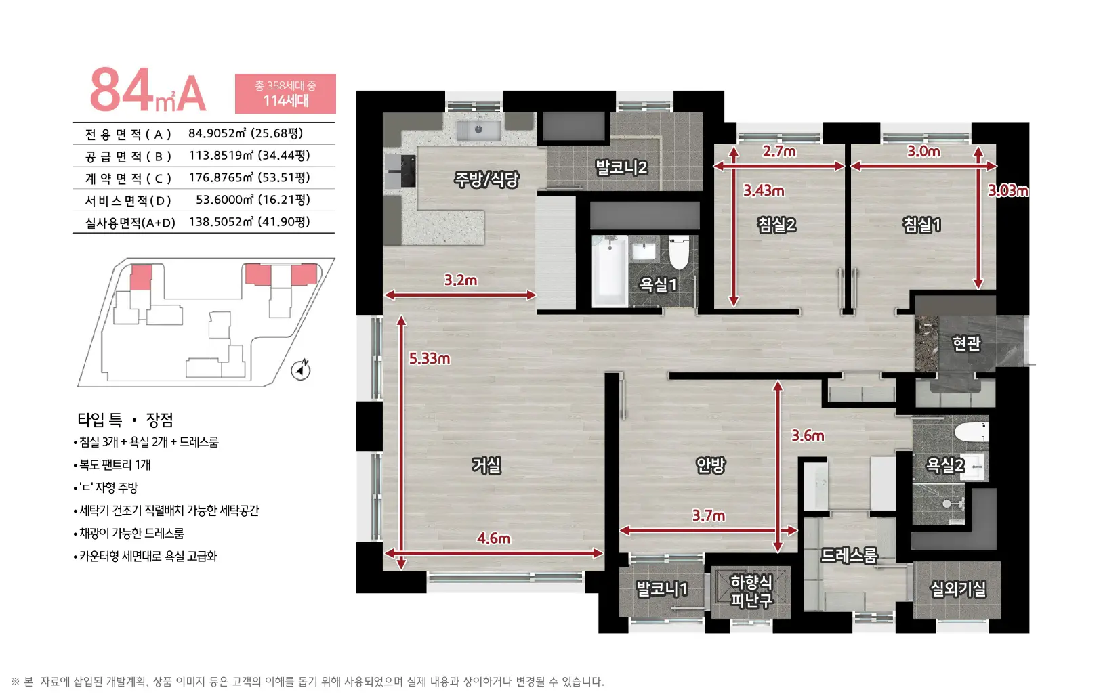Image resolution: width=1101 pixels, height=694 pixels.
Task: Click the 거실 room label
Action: point(486,464)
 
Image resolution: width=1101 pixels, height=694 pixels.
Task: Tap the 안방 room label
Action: point(710,464)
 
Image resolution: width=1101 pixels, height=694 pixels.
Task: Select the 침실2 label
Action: point(776,225)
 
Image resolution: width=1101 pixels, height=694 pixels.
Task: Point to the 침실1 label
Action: point(921,225)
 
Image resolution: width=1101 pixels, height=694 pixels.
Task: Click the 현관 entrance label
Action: point(966,343)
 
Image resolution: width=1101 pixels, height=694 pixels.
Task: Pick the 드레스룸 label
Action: point(849,555)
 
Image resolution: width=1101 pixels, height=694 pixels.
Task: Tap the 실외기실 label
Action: point(957,588)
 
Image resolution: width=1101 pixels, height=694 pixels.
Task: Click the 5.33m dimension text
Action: point(429,359)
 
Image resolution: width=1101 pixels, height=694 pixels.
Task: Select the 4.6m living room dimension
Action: point(493,538)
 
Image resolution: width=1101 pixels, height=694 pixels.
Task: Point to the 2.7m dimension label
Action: point(779,151)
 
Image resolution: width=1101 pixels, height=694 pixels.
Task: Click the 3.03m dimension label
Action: point(1008,190)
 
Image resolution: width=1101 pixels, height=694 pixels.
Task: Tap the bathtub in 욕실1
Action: point(610,271)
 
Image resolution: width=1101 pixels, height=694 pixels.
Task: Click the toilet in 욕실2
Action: point(971,432)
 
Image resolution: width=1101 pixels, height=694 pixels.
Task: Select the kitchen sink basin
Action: point(478,130)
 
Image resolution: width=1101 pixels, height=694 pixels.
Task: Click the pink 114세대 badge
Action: point(285,94)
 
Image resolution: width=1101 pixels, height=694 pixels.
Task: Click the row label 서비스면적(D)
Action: point(128,200)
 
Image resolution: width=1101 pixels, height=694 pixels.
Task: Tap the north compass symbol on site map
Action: point(301,370)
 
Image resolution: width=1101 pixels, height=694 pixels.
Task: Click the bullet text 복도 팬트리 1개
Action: point(115,464)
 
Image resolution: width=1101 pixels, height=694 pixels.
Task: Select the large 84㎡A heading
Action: point(148,90)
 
